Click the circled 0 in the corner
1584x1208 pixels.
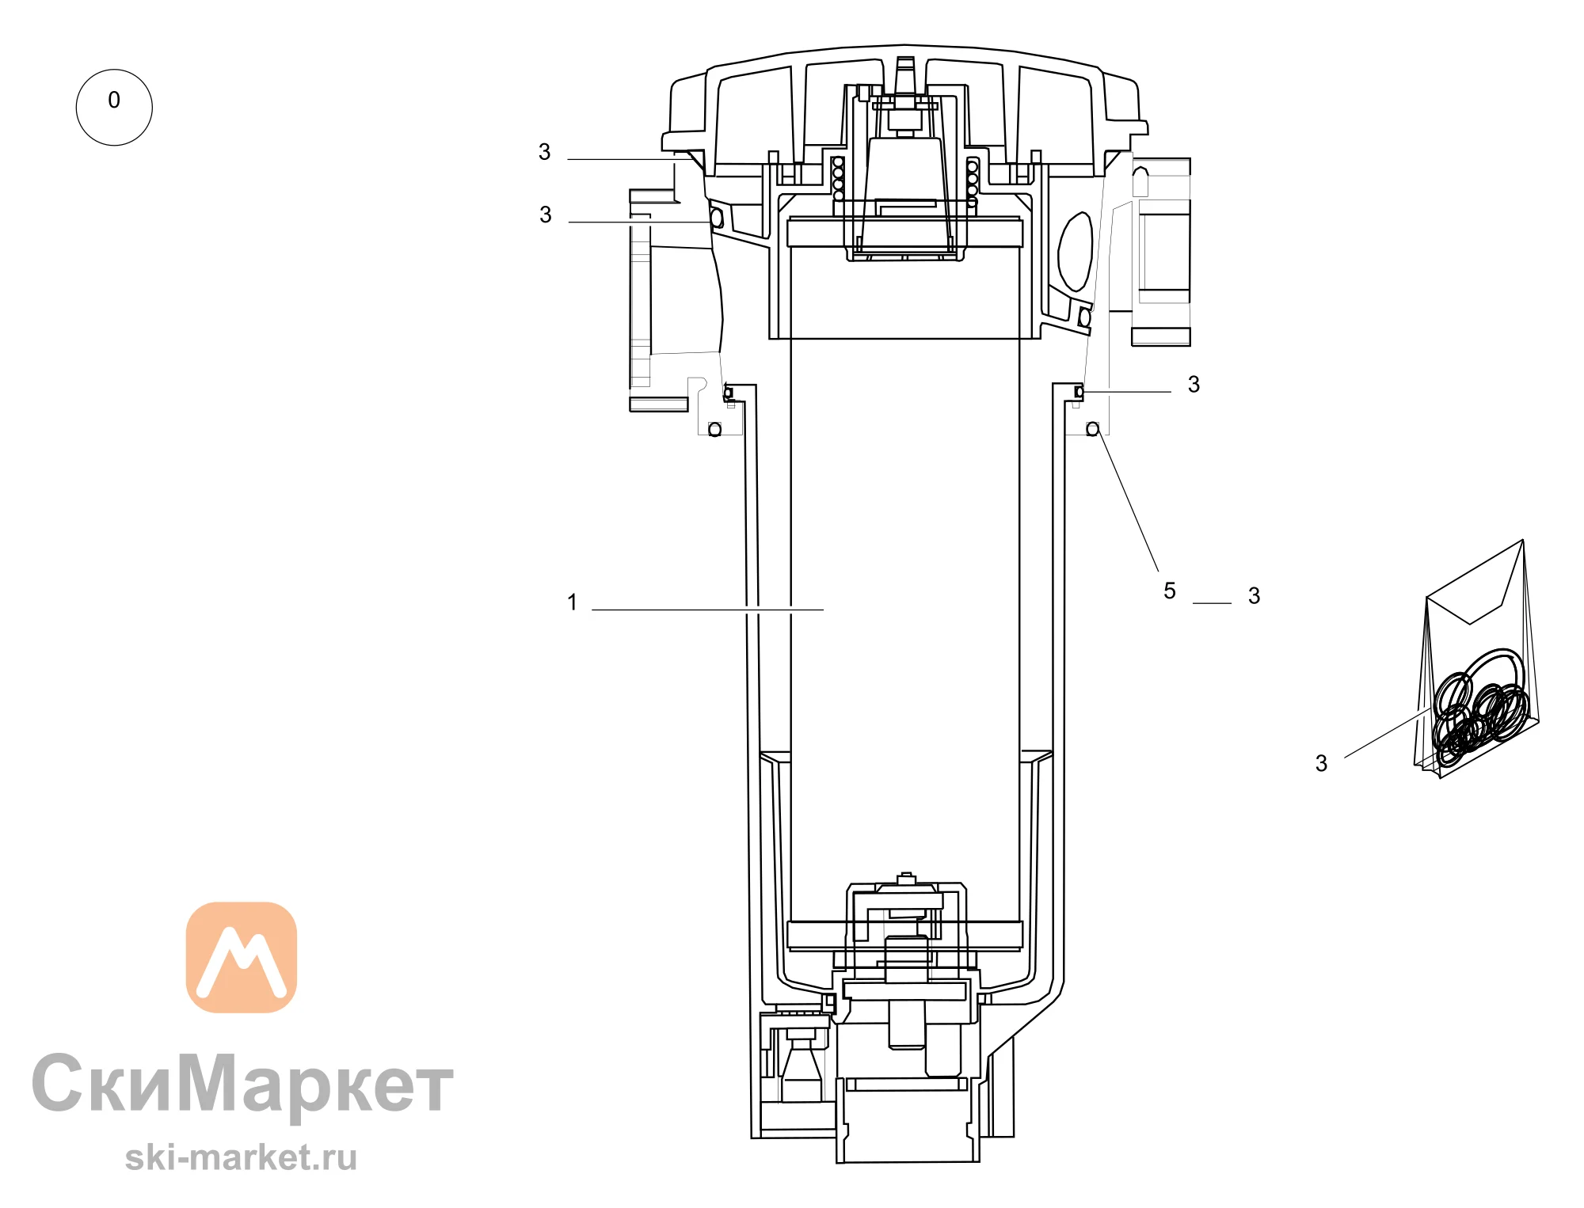coord(114,107)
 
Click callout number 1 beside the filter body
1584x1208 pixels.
coord(572,602)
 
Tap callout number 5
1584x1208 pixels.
coord(1170,591)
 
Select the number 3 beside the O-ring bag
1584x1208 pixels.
coord(1321,763)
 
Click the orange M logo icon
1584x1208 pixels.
coord(242,957)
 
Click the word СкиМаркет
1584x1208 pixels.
coord(242,1084)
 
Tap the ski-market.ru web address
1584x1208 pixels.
coord(241,1158)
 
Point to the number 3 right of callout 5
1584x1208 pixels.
coord(1254,596)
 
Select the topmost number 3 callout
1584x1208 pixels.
coord(544,152)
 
